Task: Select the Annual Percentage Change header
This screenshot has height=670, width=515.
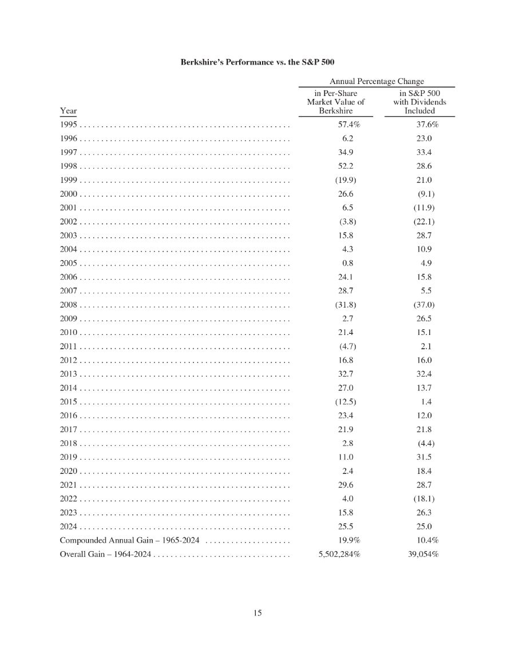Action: click(x=376, y=81)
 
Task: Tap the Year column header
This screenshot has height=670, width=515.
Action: click(x=68, y=110)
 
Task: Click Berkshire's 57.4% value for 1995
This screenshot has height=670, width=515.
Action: click(x=348, y=124)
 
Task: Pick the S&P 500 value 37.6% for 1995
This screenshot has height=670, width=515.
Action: click(x=427, y=124)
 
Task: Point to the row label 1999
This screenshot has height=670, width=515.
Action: click(x=69, y=180)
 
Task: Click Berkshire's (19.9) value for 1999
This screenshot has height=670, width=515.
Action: click(x=346, y=180)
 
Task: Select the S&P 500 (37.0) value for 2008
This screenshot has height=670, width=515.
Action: click(x=424, y=305)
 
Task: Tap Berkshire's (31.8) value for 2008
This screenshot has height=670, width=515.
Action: click(x=346, y=305)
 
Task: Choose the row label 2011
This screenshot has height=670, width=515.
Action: click(x=69, y=346)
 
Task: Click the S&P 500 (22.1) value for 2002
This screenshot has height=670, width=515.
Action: click(x=424, y=221)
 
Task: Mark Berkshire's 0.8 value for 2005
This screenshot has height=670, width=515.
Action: click(x=347, y=263)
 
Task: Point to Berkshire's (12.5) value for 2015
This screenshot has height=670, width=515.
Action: click(x=346, y=402)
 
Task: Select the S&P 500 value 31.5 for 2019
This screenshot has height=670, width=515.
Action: click(x=424, y=457)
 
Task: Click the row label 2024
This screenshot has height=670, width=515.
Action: click(x=69, y=527)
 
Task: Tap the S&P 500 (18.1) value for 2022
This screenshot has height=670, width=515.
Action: click(x=424, y=498)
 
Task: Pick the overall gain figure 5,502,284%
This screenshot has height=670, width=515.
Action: click(x=339, y=555)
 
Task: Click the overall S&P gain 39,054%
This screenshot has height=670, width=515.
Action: click(x=420, y=555)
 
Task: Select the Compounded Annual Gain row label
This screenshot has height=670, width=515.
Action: click(x=129, y=541)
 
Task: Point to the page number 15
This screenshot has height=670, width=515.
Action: click(x=257, y=613)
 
